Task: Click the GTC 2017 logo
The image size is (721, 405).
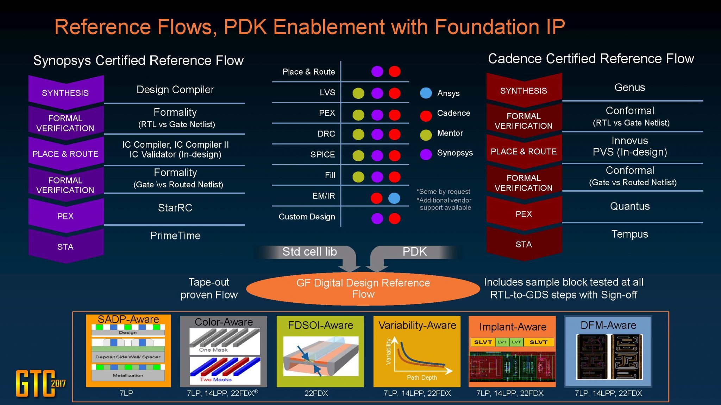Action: (x=39, y=383)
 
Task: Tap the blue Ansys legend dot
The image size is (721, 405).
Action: (x=426, y=93)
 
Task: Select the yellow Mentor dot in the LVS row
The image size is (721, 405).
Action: (x=358, y=93)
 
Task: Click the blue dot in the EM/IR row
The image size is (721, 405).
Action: (x=394, y=198)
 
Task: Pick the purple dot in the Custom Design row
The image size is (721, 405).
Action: (x=377, y=218)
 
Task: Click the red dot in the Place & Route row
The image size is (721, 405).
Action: (x=394, y=71)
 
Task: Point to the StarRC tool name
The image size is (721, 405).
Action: (x=175, y=208)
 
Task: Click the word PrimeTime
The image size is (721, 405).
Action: (x=175, y=236)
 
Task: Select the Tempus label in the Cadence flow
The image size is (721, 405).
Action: (x=629, y=234)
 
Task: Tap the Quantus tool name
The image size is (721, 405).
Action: (x=629, y=206)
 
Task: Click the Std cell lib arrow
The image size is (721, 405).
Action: (x=309, y=252)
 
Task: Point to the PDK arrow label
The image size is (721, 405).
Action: (x=414, y=252)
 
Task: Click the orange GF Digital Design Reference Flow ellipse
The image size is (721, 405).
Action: (x=363, y=289)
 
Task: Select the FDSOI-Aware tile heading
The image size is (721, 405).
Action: (x=320, y=325)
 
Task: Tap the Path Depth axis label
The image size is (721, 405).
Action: (x=422, y=378)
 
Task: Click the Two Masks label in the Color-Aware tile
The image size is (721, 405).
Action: (x=215, y=379)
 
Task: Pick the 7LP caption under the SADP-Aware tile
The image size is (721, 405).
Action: (x=126, y=393)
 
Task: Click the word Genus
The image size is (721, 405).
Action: (x=629, y=88)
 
